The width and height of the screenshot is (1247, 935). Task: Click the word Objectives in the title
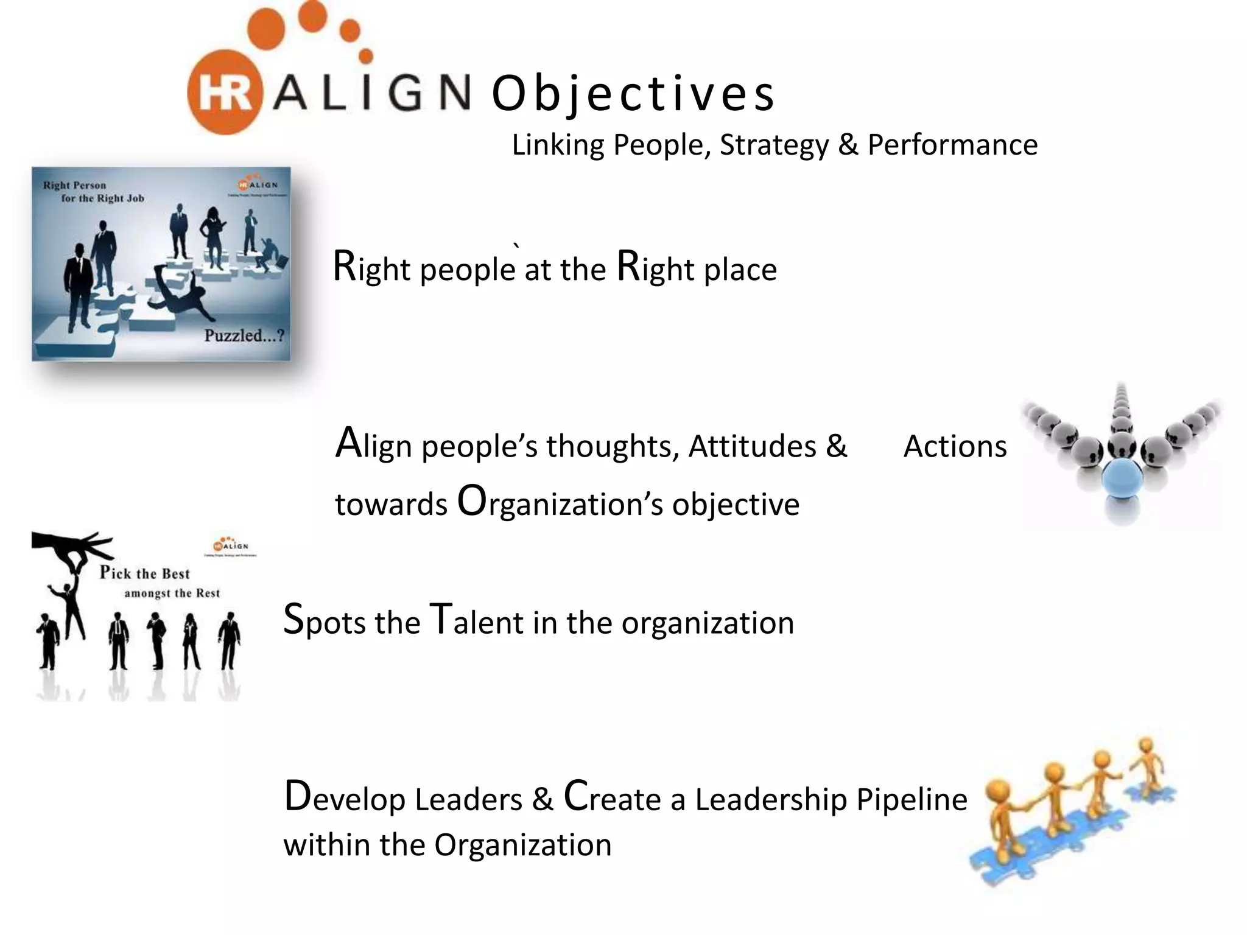(633, 94)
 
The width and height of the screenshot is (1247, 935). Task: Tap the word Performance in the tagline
(952, 145)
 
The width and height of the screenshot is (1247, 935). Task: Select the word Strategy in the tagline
(774, 145)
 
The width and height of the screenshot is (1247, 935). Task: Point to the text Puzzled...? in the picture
(244, 335)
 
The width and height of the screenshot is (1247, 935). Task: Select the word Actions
(955, 446)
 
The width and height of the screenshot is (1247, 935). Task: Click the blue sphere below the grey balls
(1122, 479)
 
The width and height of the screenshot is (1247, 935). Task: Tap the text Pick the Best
(145, 573)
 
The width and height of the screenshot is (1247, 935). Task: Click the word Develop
(344, 798)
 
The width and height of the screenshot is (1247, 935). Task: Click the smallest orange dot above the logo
(366, 57)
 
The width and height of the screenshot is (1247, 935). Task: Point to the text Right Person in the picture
(74, 185)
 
